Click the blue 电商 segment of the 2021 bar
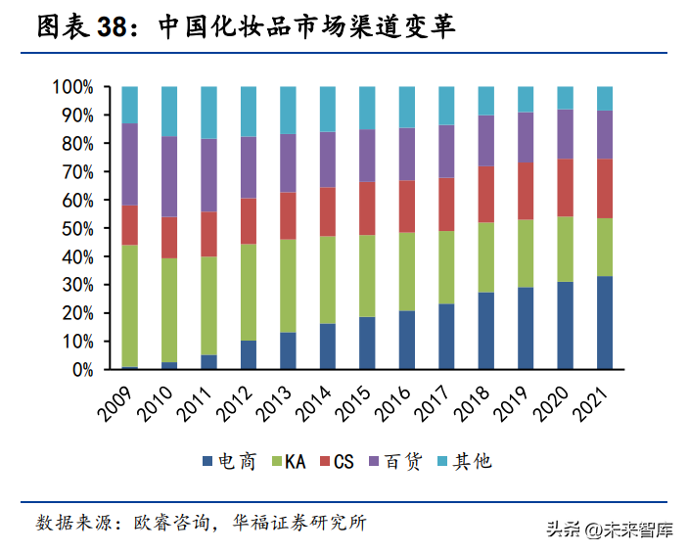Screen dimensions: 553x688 click(605, 323)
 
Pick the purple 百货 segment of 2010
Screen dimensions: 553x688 click(169, 176)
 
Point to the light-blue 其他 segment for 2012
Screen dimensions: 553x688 click(249, 111)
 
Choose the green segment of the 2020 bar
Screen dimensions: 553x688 click(566, 249)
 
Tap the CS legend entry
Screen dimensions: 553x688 click(341, 461)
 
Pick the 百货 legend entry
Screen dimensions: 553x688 click(398, 461)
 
